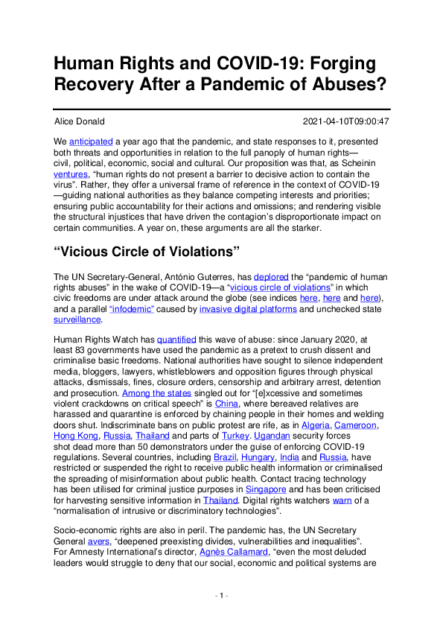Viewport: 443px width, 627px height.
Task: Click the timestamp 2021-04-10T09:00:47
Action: [346, 121]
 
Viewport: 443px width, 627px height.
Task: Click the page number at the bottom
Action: [221, 617]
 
